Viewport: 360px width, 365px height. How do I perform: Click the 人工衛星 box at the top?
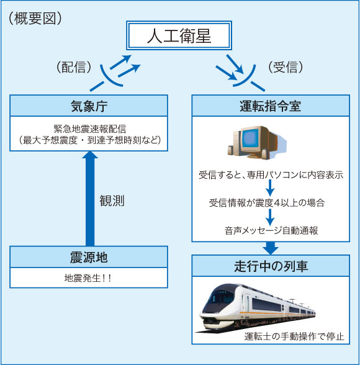point(179,37)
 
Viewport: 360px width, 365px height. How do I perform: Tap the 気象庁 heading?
point(89,105)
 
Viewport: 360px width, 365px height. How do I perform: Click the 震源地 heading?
point(89,256)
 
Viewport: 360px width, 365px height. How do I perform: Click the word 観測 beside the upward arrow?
point(112,201)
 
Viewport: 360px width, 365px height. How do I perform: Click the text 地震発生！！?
point(89,278)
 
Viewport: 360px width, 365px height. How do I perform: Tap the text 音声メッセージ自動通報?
point(271,231)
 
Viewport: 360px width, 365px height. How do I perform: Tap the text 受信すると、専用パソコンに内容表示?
point(270,174)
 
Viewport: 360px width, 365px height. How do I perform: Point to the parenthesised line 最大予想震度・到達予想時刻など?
point(89,141)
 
